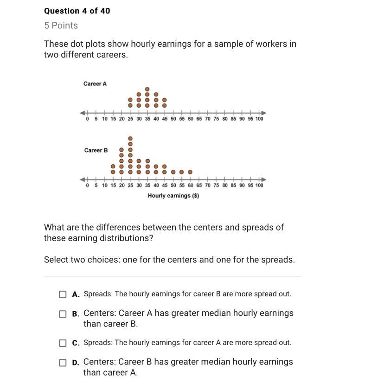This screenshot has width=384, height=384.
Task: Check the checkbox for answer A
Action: click(x=63, y=294)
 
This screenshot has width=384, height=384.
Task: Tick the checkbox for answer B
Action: click(x=63, y=314)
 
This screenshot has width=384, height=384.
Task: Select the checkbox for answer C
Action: click(x=63, y=343)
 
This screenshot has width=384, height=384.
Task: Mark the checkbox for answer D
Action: click(x=63, y=363)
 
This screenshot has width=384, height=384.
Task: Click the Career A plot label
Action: click(x=95, y=84)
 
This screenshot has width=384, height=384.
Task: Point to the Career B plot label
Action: click(x=96, y=150)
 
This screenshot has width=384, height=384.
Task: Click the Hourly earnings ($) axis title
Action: click(x=173, y=196)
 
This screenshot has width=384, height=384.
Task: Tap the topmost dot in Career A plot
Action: click(x=147, y=89)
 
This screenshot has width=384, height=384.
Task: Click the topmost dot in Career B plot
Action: click(x=130, y=138)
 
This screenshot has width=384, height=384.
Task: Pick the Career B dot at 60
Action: click(x=190, y=172)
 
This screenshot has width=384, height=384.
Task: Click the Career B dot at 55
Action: click(x=181, y=172)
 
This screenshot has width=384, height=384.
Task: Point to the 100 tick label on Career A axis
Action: click(x=259, y=119)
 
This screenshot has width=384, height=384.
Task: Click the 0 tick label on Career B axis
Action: click(x=88, y=186)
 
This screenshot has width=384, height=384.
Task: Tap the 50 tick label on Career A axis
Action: click(x=173, y=119)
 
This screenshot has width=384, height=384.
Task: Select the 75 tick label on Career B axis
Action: click(x=216, y=186)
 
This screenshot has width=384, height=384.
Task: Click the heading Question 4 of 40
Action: click(x=77, y=11)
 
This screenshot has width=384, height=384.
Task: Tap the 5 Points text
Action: click(x=61, y=26)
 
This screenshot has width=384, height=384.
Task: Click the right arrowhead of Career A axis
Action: click(x=264, y=113)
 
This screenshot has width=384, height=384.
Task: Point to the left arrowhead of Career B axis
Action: click(x=83, y=179)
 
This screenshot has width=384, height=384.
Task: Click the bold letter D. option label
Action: click(x=76, y=362)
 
